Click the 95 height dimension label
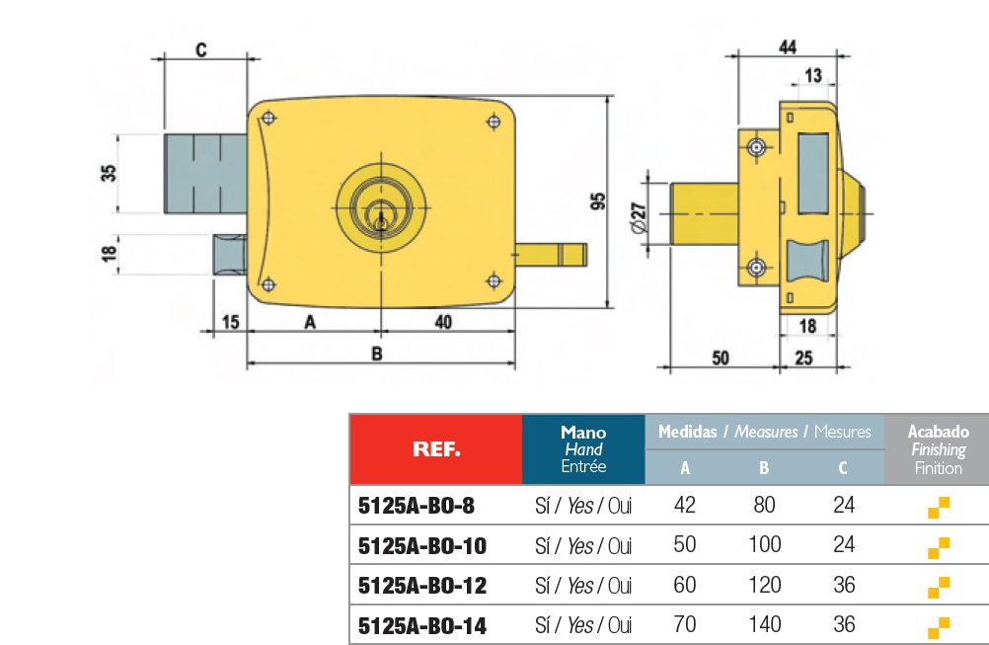click(x=597, y=201)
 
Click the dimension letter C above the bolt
click(x=200, y=49)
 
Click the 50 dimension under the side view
click(x=721, y=358)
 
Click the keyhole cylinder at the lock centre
click(x=381, y=209)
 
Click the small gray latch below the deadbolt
click(x=229, y=254)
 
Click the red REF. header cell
click(x=435, y=449)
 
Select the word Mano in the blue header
click(x=583, y=432)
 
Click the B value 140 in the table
click(x=765, y=624)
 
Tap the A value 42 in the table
click(x=684, y=506)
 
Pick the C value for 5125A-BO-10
click(x=844, y=545)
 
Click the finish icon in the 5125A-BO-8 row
click(x=938, y=508)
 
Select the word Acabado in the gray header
click(x=938, y=432)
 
